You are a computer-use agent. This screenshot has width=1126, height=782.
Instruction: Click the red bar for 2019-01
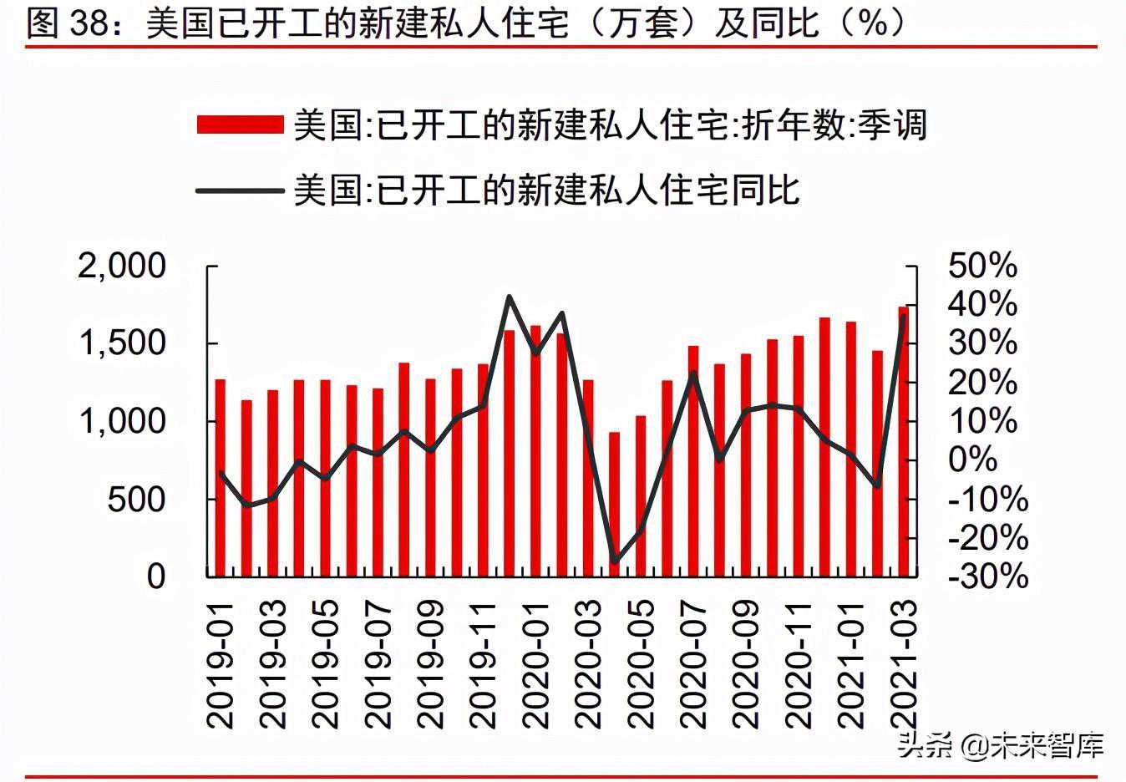tap(221, 478)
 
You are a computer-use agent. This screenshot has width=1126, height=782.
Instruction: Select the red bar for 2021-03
tap(903, 441)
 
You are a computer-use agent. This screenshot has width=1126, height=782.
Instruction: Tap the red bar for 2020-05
tap(641, 496)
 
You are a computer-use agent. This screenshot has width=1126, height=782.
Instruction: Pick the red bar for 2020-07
tap(693, 461)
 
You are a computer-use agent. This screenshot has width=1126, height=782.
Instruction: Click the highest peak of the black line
tap(510, 297)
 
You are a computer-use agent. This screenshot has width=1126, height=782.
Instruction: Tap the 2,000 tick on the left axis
tap(122, 266)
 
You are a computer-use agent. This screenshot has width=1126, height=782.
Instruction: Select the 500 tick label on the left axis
tap(136, 500)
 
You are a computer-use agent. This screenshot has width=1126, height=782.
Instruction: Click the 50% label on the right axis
tap(982, 266)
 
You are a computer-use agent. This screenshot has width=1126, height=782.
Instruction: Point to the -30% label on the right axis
tap(988, 576)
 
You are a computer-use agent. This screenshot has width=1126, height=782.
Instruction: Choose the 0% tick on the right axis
tap(972, 460)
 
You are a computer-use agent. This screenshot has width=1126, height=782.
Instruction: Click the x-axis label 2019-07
tap(378, 665)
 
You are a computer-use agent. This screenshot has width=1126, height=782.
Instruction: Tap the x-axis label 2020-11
tap(799, 665)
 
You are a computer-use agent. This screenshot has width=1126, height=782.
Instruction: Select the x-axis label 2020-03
tap(588, 665)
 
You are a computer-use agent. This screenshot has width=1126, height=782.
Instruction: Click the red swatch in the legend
tap(241, 124)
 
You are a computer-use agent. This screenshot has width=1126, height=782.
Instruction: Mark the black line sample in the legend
tap(241, 190)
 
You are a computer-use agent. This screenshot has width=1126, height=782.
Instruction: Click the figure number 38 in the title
tap(89, 23)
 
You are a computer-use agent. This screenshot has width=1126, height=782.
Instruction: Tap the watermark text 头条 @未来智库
tap(1001, 745)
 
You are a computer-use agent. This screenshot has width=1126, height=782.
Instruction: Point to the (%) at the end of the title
tap(873, 23)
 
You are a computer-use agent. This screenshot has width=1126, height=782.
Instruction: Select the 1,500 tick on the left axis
tap(122, 343)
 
